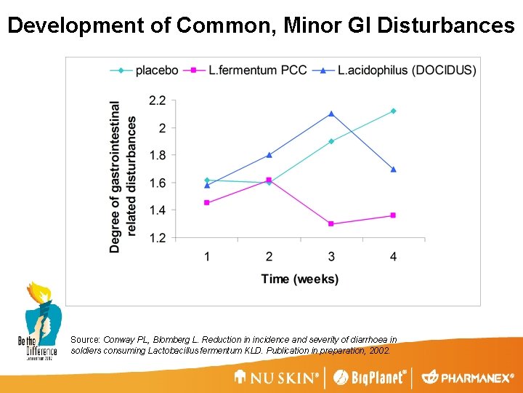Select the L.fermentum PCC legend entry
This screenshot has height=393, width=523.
247,71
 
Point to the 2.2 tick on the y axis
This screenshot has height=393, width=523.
158,100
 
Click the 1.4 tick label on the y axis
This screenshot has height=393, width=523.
158,210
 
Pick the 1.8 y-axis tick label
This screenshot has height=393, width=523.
158,155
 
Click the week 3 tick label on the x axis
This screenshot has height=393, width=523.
331,255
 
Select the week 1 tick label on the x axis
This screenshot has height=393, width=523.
207,255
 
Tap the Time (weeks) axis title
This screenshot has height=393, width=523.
300,279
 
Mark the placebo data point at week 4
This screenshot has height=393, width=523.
393,111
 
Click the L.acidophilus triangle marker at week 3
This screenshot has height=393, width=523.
331,114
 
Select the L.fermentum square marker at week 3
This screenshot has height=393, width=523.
331,224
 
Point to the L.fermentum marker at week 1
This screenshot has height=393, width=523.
207,203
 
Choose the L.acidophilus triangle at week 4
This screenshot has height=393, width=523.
393,170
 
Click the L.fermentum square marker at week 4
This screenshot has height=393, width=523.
393,215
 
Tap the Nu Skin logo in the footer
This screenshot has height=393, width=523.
276,378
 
